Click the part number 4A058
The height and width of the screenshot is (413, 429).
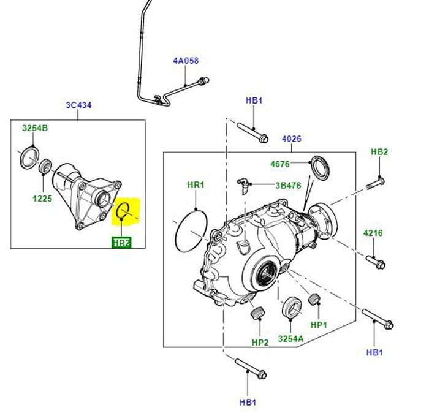[186, 61]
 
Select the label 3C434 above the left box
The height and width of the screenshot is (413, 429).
[78, 106]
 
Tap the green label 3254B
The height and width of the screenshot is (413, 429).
[35, 129]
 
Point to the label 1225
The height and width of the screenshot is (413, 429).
[43, 199]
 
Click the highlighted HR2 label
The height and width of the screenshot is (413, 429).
[121, 243]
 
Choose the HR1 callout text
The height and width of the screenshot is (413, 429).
[196, 184]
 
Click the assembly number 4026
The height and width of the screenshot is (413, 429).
[292, 139]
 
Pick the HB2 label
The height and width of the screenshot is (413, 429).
[379, 152]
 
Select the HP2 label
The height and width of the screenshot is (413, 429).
[260, 342]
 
